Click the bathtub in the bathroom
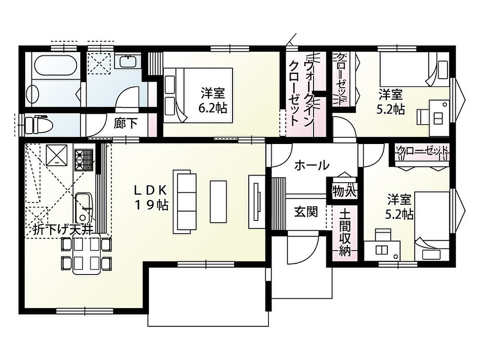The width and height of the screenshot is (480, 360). [x=56, y=65]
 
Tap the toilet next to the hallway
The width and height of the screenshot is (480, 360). [x=39, y=124]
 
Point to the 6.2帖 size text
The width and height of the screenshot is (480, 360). [x=213, y=108]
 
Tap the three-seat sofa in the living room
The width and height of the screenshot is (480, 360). [x=184, y=202]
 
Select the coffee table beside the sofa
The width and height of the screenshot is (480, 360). [x=218, y=202]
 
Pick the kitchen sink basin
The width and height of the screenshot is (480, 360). [x=83, y=207]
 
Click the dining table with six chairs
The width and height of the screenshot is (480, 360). [x=87, y=254]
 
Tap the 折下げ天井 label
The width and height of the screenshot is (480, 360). [x=63, y=230]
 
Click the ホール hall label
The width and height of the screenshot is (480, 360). [x=312, y=165]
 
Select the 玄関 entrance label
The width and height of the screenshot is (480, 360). [x=306, y=212]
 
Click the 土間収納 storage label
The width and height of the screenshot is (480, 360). [x=345, y=233]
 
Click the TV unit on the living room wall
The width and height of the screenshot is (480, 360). [x=257, y=202]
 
